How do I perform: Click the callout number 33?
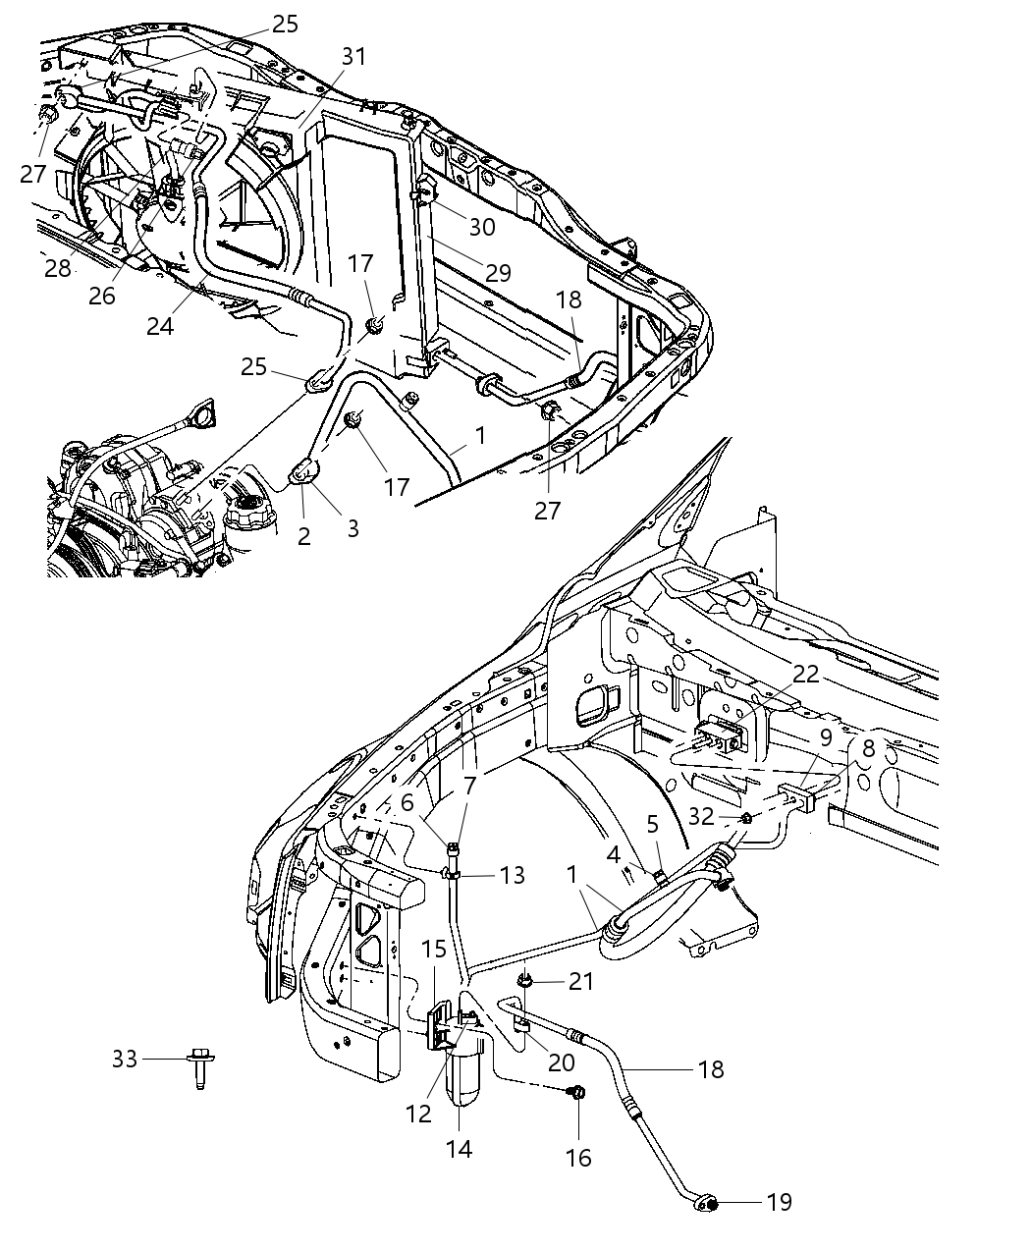124,1060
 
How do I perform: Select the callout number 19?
779,1202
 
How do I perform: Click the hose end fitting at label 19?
708,1200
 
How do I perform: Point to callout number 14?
459,1148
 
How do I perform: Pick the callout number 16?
578,1158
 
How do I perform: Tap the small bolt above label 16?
577,1092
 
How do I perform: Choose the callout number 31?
353,57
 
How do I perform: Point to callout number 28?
58,268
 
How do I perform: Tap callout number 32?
701,815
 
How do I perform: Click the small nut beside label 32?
745,817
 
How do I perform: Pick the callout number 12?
418,1114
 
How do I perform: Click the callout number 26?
102,296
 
